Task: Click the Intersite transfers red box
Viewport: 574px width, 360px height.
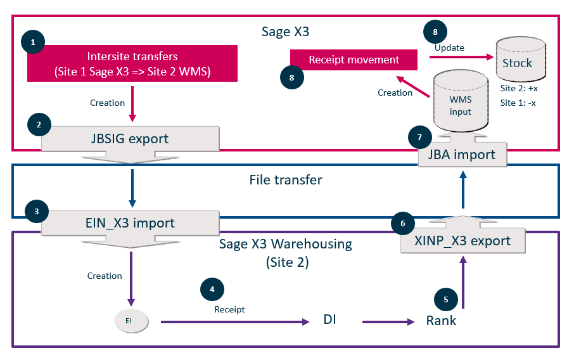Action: [x=132, y=63]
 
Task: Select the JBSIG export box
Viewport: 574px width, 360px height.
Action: [x=131, y=139]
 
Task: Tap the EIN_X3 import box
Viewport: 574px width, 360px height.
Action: [x=131, y=222]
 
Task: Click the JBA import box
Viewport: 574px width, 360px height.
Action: [x=462, y=155]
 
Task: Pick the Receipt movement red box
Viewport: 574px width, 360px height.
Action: [x=354, y=60]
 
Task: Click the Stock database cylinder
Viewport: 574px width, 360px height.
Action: [x=517, y=61]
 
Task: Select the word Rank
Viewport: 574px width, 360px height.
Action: [x=441, y=321]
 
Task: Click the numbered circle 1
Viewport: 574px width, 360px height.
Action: [x=33, y=42]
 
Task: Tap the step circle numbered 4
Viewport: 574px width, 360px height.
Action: [x=212, y=290]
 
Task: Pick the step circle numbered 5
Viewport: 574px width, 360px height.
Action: [x=445, y=299]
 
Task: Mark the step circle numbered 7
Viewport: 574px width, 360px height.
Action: [x=419, y=136]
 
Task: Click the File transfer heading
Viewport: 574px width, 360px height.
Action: [x=285, y=180]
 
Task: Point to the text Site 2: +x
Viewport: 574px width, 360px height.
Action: [x=518, y=89]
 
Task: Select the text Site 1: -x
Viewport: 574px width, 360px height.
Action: [x=518, y=103]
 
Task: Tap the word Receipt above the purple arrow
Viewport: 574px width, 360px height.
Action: [x=229, y=309]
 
